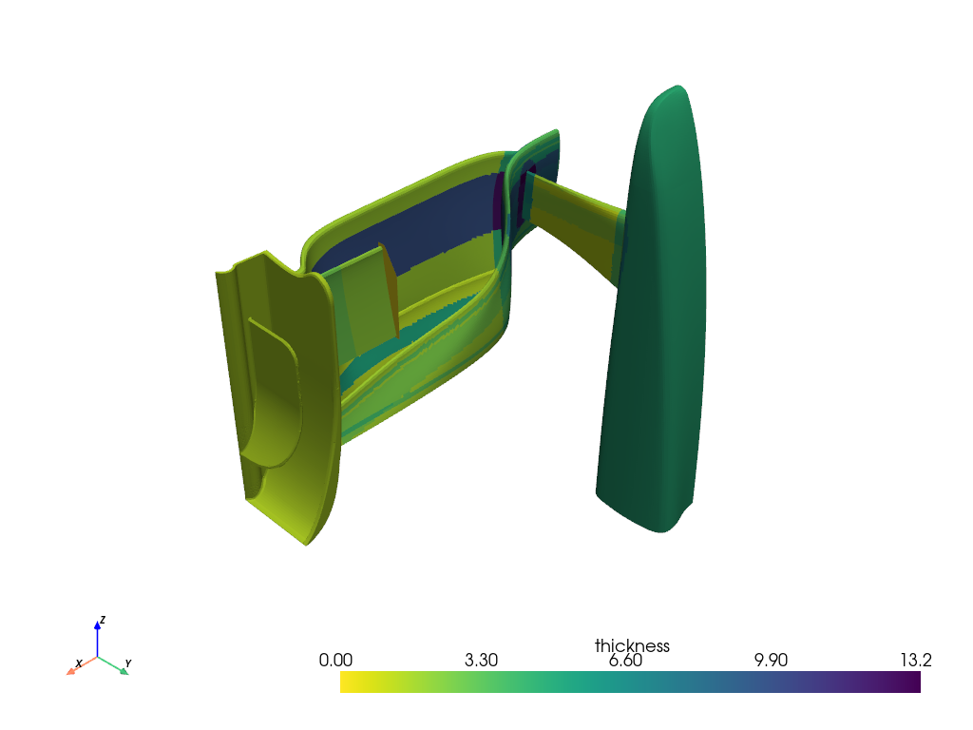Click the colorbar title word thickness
632,646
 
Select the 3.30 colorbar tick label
482,661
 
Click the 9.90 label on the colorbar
773,661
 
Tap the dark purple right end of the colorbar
915,682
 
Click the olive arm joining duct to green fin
570,223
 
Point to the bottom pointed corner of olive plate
306,542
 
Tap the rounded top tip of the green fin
673,92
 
